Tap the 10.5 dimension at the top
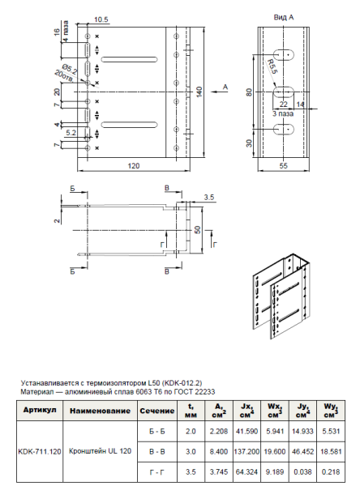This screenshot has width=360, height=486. pos(101,19)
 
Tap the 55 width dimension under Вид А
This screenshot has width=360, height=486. pos(284,164)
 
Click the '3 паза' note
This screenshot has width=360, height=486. pos(284,115)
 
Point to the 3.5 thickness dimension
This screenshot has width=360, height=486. pos(208,197)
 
